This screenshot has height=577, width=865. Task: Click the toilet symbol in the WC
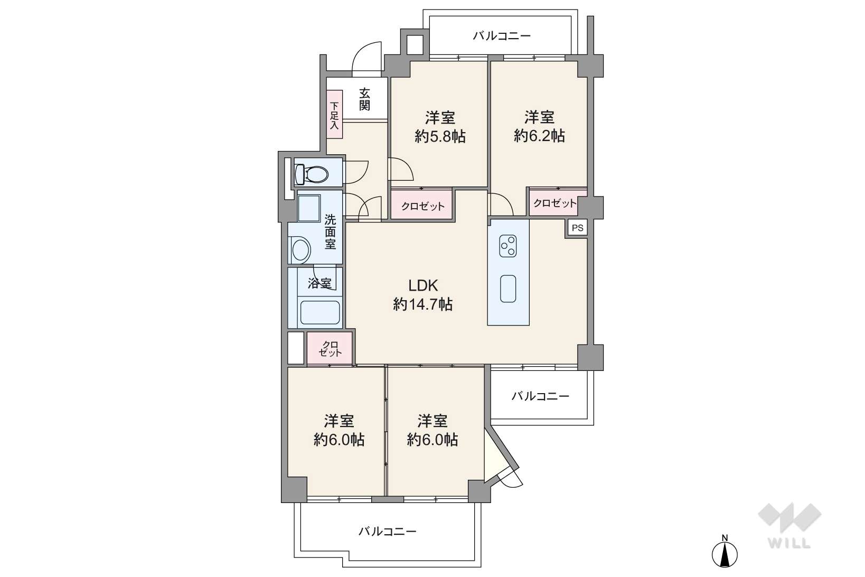tap(311, 174)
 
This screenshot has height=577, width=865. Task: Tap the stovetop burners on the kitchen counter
tap(508, 246)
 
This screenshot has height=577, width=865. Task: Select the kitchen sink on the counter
tap(508, 288)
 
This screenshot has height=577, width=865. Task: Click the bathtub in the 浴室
tap(319, 312)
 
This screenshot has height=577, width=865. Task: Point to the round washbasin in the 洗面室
tap(301, 250)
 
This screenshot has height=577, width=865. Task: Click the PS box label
tap(577, 228)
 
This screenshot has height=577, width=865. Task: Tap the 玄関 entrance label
tap(364, 100)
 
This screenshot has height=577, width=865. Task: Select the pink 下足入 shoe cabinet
tap(334, 114)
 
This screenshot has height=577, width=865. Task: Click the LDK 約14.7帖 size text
tap(423, 304)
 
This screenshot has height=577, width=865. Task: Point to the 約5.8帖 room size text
tap(440, 136)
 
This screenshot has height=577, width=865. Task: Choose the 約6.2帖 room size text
tap(540, 136)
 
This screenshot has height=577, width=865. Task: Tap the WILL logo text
tap(789, 543)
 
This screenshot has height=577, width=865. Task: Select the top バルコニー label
tap(502, 36)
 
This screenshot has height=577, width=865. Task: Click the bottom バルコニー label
tap(387, 532)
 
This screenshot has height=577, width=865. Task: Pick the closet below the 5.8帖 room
tap(422, 204)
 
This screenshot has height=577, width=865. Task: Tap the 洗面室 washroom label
tap(330, 231)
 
